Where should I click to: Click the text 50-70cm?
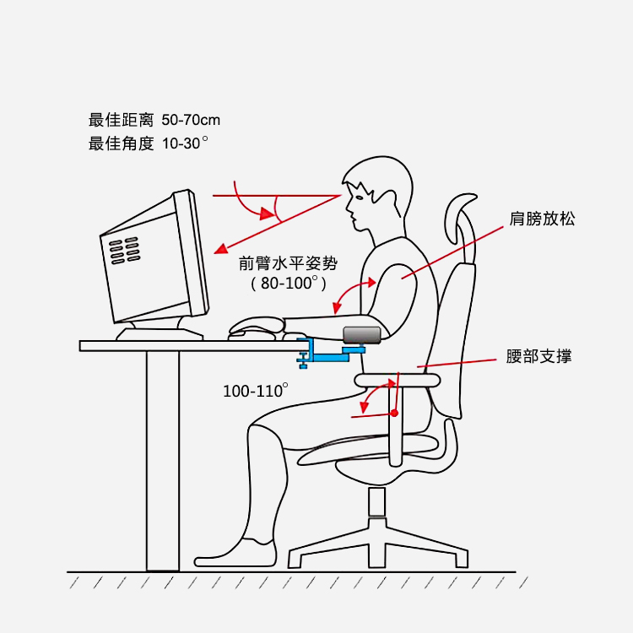(x=191, y=120)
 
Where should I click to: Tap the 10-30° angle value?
(x=185, y=143)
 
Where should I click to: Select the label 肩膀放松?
(x=542, y=219)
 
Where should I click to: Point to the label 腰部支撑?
(x=538, y=356)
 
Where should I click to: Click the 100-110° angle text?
(x=255, y=391)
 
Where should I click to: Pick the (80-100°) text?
(x=289, y=283)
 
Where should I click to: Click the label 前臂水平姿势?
(x=288, y=263)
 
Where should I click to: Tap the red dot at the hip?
(x=394, y=413)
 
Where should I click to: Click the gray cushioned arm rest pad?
(x=362, y=335)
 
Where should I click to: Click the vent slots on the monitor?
(x=125, y=251)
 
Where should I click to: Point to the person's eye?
(x=359, y=197)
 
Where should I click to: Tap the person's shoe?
(x=235, y=553)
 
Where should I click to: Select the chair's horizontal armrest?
(x=398, y=380)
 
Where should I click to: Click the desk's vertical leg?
(x=163, y=461)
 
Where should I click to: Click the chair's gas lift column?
(x=376, y=503)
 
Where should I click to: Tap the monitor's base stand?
(x=160, y=332)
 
